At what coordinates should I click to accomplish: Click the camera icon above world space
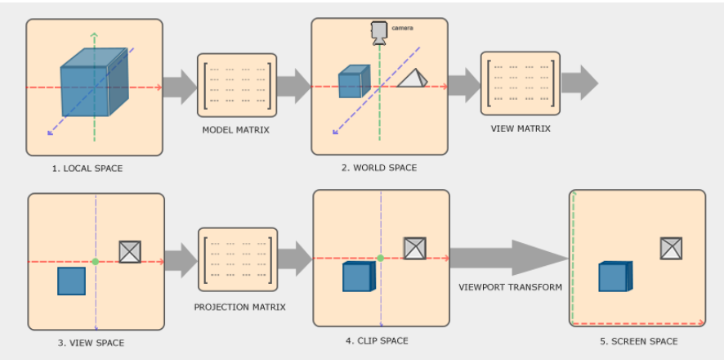coord(379,32)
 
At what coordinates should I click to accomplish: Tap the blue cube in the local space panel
coord(92,81)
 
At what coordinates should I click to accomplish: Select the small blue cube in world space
coord(351,83)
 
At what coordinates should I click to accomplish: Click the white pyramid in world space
coord(412,79)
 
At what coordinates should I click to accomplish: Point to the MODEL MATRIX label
coord(236,130)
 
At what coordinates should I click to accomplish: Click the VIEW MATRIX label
coord(521,128)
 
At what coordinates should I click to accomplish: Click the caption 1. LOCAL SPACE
coord(87,169)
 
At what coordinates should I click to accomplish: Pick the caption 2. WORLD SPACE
coord(379,168)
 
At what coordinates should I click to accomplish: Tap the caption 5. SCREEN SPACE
coord(639,341)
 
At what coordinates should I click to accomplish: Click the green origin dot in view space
coord(96,261)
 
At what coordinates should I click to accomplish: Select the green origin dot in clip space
coord(380,259)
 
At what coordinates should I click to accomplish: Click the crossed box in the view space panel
coord(130,252)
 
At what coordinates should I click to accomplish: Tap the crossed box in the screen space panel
coord(671,248)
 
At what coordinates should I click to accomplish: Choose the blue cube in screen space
coord(615,277)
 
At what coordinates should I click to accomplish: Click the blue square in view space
coord(71,281)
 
